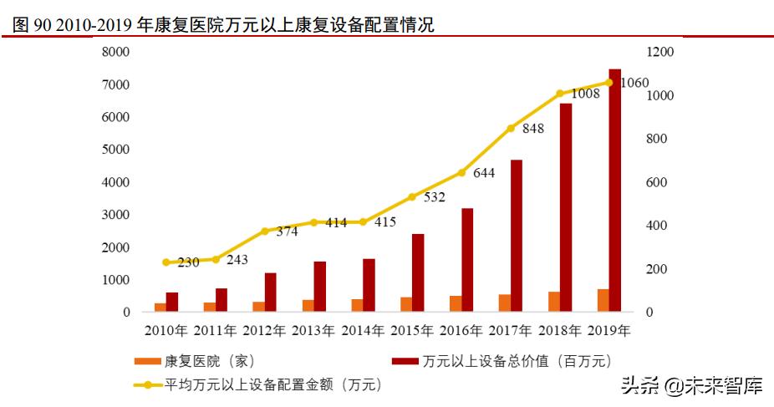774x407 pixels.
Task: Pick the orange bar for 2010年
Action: [160, 308]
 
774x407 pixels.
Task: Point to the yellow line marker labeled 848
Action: [511, 128]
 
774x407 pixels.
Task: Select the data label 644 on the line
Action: [483, 173]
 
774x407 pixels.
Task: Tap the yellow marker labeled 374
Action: [265, 231]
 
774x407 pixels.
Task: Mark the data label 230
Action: [188, 262]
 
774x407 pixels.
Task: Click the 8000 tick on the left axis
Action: [115, 52]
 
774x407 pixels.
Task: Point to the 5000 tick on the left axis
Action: [115, 150]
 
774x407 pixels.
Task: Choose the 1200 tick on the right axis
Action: [659, 52]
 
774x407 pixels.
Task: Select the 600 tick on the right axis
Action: [656, 182]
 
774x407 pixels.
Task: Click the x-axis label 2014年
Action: [362, 330]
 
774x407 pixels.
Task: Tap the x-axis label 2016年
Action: [461, 330]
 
